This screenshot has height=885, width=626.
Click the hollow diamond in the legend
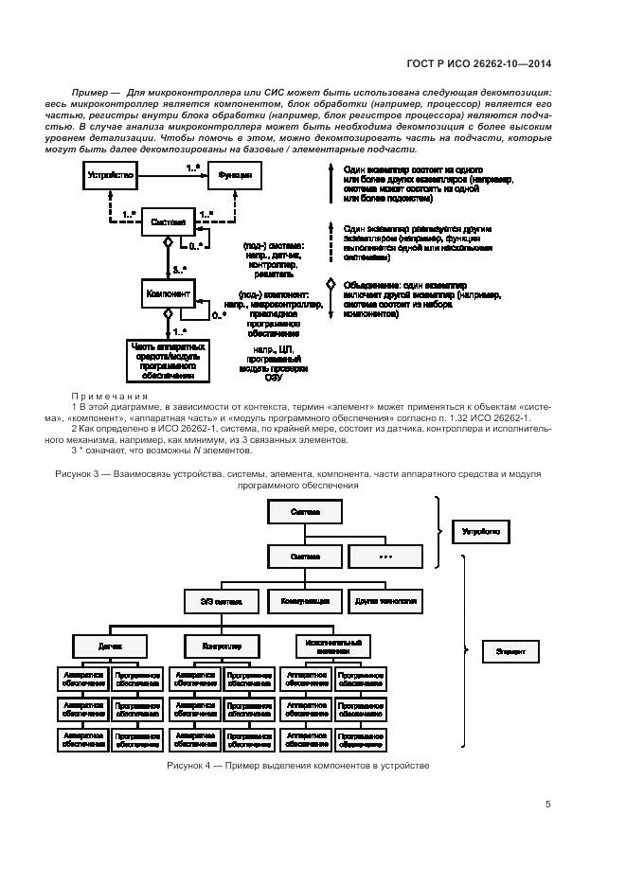point(330,284)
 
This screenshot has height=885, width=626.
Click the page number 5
point(548,805)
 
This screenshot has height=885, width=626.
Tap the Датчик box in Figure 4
point(110,646)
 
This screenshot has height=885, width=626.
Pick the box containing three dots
point(385,557)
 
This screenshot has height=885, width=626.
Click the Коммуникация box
point(305,601)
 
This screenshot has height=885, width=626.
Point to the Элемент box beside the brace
point(511,652)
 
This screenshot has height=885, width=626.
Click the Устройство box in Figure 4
point(480,532)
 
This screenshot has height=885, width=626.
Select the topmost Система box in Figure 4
point(305,512)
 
